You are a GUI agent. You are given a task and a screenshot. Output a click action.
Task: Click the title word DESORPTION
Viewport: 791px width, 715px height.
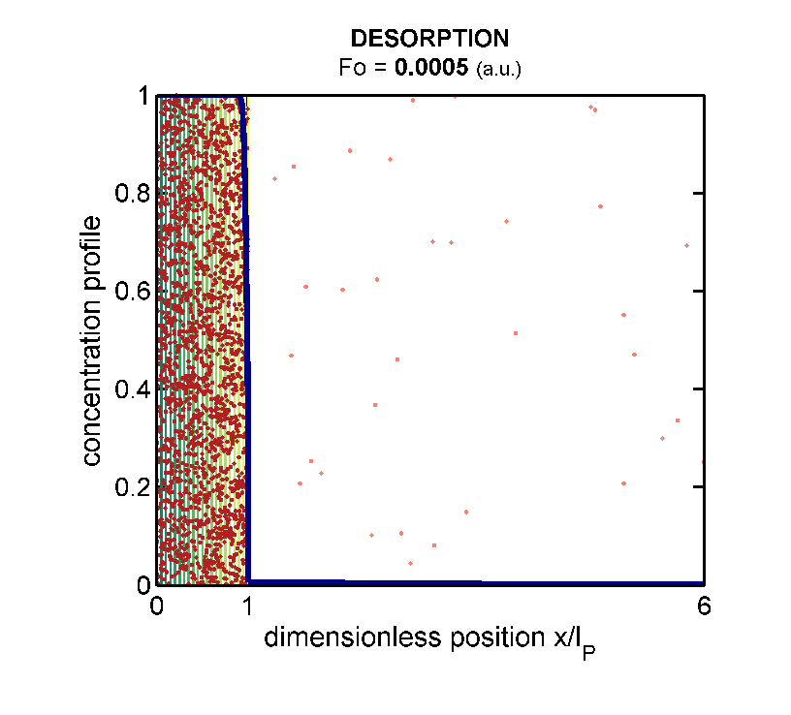[429, 39]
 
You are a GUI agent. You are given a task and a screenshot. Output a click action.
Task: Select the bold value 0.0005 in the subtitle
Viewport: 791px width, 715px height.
[424, 69]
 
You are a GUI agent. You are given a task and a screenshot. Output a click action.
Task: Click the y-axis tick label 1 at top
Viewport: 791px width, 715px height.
[142, 97]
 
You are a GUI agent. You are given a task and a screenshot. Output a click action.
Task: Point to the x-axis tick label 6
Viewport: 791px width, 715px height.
[704, 607]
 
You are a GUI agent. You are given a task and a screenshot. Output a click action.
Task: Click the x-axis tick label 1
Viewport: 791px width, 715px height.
[247, 607]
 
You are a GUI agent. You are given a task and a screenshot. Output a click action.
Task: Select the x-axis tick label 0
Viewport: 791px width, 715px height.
[157, 607]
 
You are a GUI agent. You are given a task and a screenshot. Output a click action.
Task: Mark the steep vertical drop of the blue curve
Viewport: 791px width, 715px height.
[247, 339]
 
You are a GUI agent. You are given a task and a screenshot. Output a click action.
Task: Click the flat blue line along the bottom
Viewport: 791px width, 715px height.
[485, 582]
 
